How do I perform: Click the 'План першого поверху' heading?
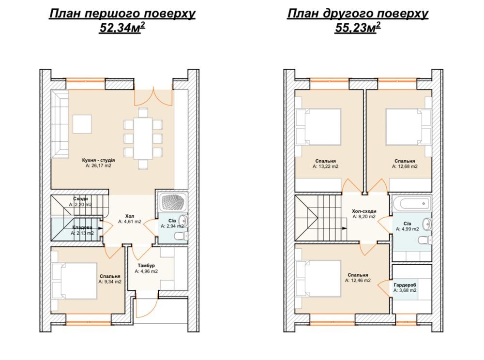coord(122,14)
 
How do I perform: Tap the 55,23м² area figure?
coord(358,28)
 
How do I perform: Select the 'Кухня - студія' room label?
coord(98,160)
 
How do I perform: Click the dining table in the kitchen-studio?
coord(143,138)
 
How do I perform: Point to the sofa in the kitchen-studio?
coord(59,124)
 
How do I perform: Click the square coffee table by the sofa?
coord(82,124)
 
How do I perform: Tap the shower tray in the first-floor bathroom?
coord(173,203)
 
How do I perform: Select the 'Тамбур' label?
coord(146,266)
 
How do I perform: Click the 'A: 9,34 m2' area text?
coord(110,282)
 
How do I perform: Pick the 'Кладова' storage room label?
coord(82,227)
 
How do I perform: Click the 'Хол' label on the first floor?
coord(130,216)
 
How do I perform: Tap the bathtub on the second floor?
coord(412,203)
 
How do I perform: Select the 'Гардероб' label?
coord(405,285)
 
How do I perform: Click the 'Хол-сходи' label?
coord(364,211)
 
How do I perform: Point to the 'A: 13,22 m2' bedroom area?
coord(325,166)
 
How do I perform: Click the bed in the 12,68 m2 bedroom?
coord(408,126)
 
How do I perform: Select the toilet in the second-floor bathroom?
coord(425,240)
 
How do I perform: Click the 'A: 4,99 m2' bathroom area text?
coord(408,229)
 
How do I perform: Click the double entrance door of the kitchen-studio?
coord(153,97)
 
